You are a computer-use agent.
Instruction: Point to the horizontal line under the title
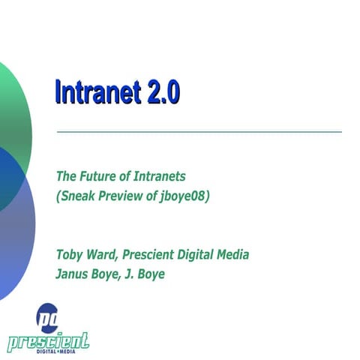point(199,132)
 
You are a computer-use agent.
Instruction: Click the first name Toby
point(70,255)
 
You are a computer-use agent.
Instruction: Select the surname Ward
point(101,255)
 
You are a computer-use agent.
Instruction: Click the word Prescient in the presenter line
point(148,255)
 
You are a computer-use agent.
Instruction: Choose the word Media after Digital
point(232,255)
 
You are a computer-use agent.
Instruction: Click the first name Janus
point(73,274)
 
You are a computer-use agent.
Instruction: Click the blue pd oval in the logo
point(47,314)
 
